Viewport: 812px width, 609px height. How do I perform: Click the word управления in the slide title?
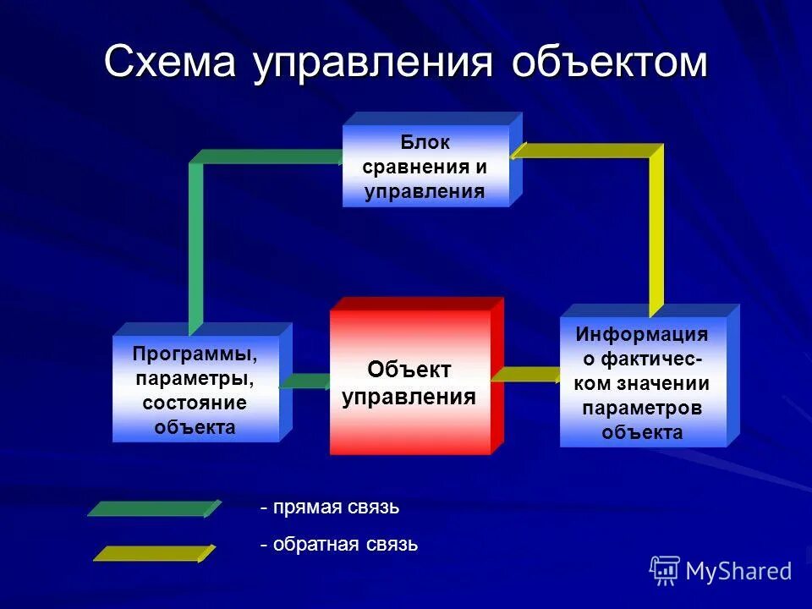point(373,64)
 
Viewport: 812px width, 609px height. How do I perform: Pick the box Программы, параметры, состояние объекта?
point(195,389)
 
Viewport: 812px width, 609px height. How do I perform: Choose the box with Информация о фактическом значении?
point(643,382)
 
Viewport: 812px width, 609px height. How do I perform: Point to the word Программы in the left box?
point(195,352)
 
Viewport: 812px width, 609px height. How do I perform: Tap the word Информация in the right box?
point(642,334)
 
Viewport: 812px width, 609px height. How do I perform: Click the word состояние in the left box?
point(195,403)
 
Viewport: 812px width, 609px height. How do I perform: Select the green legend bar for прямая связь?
point(152,508)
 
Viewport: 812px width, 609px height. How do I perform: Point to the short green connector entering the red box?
point(304,381)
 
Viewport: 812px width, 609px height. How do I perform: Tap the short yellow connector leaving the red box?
point(524,374)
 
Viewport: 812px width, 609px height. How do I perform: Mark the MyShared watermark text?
point(738,571)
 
